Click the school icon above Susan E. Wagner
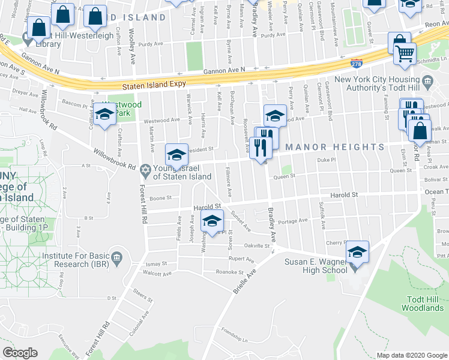pyautogui.click(x=357, y=252)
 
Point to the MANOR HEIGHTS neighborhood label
pyautogui.click(x=334, y=147)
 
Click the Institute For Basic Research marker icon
pyautogui.click(x=117, y=259)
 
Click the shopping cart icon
pyautogui.click(x=405, y=54)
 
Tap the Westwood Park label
pyautogui.click(x=128, y=109)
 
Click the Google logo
pyautogui.click(x=20, y=353)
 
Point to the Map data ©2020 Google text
pyautogui.click(x=411, y=355)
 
